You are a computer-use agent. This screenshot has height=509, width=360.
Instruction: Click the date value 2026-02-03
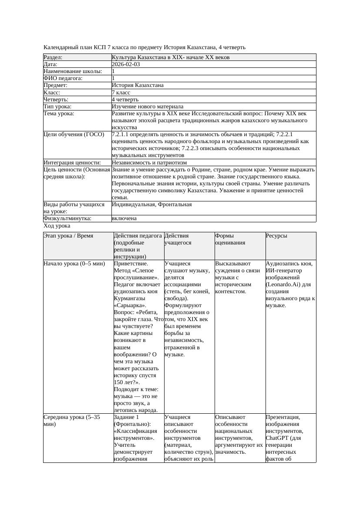click(x=126, y=64)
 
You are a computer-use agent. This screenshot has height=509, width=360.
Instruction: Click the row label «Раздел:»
click(x=53, y=57)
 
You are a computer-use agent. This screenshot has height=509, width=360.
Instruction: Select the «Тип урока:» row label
click(x=57, y=107)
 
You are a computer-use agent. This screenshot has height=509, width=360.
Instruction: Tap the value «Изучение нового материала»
click(x=148, y=107)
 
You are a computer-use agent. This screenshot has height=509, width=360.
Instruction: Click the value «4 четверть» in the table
click(x=125, y=100)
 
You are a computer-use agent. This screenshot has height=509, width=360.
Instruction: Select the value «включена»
click(x=124, y=218)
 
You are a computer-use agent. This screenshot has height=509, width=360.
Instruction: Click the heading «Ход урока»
click(x=57, y=226)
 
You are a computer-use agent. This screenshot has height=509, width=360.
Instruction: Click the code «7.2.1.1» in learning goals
click(x=122, y=134)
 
